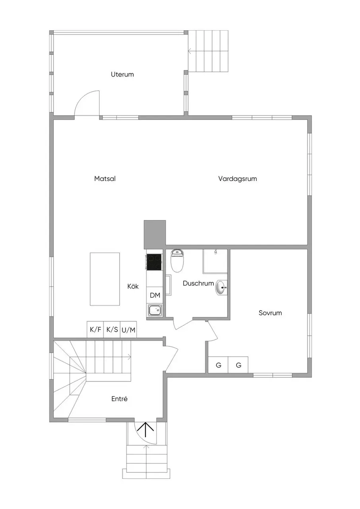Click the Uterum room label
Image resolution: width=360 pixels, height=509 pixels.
click(122, 74)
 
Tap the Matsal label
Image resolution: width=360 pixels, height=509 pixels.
click(105, 179)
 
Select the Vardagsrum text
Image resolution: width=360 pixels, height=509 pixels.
click(237, 179)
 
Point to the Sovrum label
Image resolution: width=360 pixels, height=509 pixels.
click(270, 313)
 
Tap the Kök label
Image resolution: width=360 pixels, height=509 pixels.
click(133, 286)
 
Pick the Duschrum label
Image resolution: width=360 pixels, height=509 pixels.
click(198, 283)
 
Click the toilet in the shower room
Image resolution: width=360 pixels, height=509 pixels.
click(177, 260)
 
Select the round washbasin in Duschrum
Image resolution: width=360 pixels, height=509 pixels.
click(220, 287)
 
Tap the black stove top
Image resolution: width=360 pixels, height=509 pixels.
click(154, 262)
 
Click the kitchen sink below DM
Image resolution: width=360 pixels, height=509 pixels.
click(155, 310)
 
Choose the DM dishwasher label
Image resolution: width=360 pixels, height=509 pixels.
click(155, 295)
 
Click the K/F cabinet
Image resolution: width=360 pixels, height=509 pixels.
click(95, 330)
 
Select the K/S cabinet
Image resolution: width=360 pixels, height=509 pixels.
click(112, 330)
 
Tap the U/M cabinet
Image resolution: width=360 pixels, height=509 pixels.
click(128, 330)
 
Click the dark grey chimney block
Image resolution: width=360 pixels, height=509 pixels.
click(155, 235)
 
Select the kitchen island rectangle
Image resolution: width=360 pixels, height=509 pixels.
click(105, 279)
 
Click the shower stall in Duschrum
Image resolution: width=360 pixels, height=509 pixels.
click(215, 261)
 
